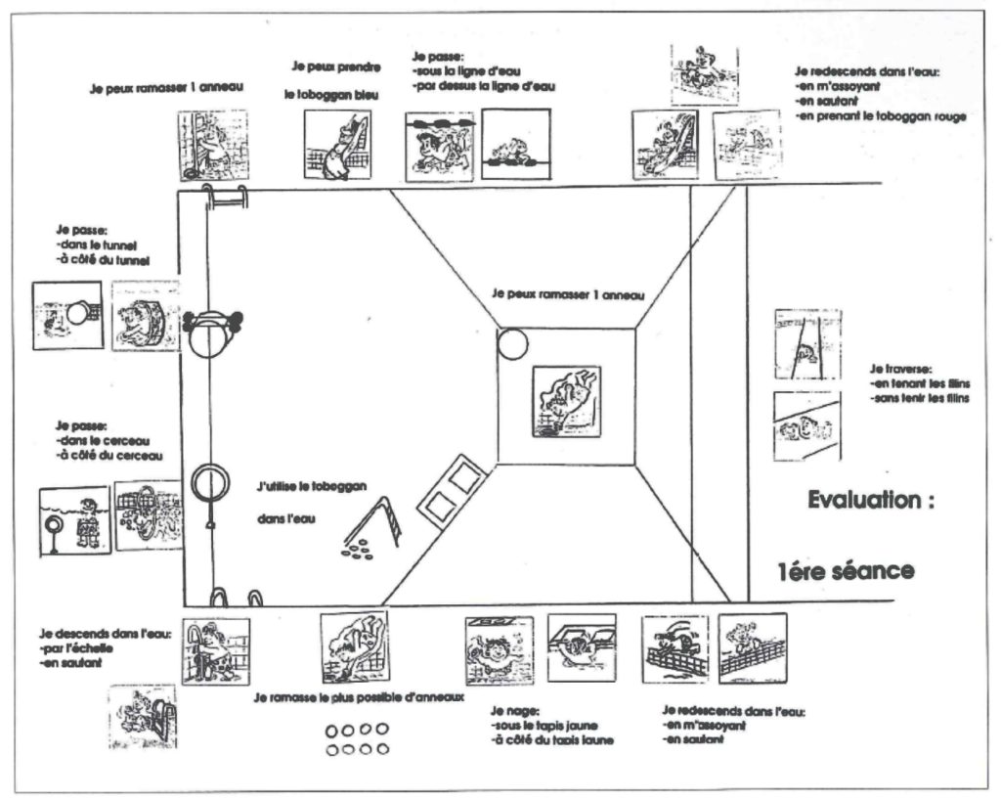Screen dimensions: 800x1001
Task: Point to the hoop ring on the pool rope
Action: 208,482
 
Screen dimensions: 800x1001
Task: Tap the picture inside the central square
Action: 566,401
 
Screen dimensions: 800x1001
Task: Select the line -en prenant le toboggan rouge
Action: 881,116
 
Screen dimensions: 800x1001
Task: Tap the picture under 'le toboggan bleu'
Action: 337,144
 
